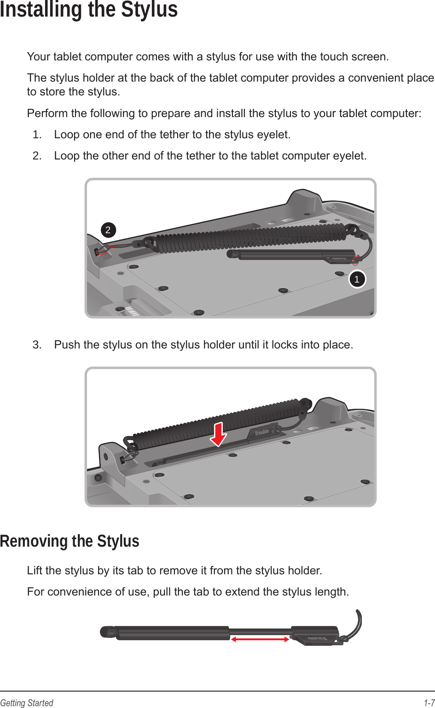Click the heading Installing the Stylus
[x=89, y=10]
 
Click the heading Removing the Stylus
[x=70, y=541]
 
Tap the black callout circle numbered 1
[x=357, y=279]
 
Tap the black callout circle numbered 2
[x=108, y=230]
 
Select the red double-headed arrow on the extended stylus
[x=260, y=639]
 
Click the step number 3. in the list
[x=37, y=345]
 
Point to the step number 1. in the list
[x=37, y=135]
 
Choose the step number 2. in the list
[x=37, y=156]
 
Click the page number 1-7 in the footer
[x=429, y=703]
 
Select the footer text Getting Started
[x=27, y=703]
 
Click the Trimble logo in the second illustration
[x=262, y=432]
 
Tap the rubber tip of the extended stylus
[x=107, y=632]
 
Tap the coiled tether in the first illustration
[x=249, y=238]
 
